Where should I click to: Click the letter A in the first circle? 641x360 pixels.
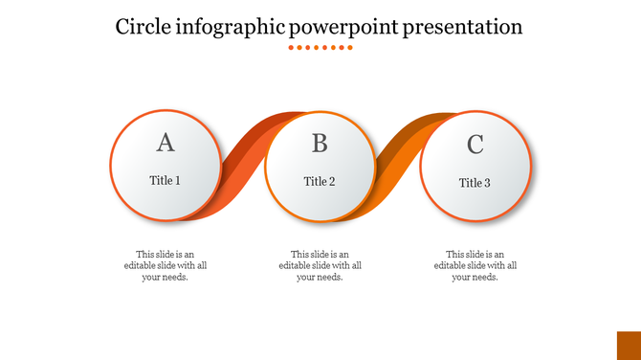[x=166, y=143]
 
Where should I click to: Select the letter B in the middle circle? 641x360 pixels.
[x=320, y=144]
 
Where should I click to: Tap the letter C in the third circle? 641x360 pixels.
[x=475, y=145]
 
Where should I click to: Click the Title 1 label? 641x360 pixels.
[x=166, y=180]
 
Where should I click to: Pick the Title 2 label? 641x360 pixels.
[x=320, y=181]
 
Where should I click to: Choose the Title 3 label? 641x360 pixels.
[x=475, y=183]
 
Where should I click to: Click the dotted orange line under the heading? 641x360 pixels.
[x=320, y=47]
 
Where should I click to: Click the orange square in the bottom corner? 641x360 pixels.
[x=628, y=346]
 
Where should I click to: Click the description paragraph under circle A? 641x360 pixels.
[x=166, y=265]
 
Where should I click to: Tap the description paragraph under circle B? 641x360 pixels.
[x=320, y=265]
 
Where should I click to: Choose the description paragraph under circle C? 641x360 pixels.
[x=475, y=265]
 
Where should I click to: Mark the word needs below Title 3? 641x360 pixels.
[x=484, y=277]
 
